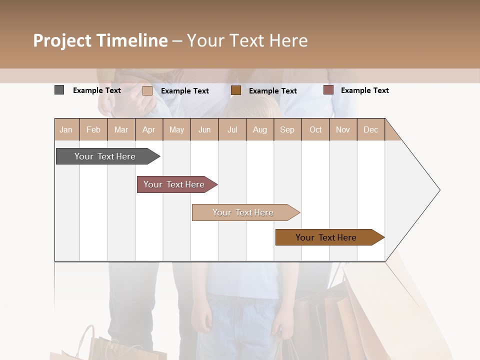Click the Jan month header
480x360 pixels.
[66, 129]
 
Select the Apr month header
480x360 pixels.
[148, 129]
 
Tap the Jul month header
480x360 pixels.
[232, 129]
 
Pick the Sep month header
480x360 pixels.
[287, 129]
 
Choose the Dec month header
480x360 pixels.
[370, 129]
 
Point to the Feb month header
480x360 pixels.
[93, 129]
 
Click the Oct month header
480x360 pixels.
[315, 129]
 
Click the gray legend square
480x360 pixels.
[59, 90]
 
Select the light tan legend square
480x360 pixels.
[147, 90]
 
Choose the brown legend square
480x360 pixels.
[236, 90]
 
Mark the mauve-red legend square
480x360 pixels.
[328, 90]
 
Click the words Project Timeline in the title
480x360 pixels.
[100, 40]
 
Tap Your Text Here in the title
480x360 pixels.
[247, 40]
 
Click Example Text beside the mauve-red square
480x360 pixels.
[364, 90]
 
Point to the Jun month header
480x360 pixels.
[204, 129]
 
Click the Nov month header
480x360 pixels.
[343, 129]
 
